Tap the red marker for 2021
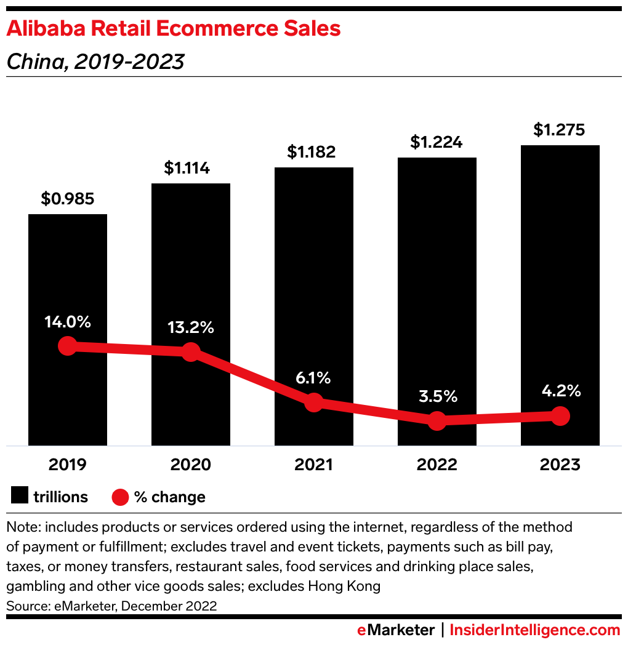314,403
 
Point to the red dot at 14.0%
67,346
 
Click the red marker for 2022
437,421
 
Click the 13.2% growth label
191,327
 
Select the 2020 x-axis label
191,464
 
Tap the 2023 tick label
560,464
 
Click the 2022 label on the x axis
437,464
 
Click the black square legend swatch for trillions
20,496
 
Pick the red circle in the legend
121,496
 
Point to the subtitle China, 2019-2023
95,62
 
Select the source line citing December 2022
111,606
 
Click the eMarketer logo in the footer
396,630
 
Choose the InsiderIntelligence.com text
534,630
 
